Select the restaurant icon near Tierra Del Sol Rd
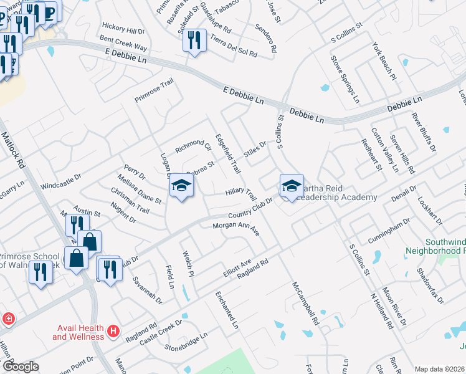193,41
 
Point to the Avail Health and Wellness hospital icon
113,330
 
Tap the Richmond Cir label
193,146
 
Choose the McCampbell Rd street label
306,304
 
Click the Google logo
21,367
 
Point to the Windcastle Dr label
61,185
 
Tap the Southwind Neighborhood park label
444,246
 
